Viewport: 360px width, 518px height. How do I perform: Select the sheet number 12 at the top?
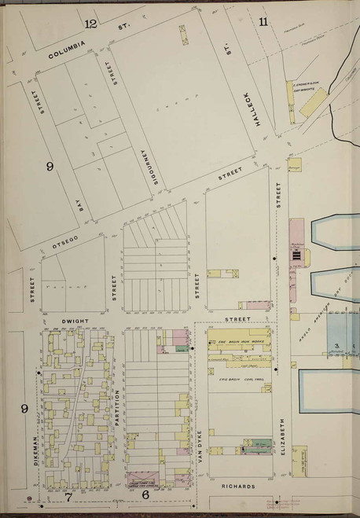91,24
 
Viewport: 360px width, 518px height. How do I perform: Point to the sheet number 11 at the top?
263,21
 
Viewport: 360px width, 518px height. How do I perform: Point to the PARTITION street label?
117,407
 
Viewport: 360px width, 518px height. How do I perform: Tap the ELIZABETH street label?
279,437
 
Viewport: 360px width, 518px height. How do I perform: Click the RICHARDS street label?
237,487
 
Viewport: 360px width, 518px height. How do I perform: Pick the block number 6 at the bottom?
145,495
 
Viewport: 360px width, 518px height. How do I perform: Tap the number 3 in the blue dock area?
336,346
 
